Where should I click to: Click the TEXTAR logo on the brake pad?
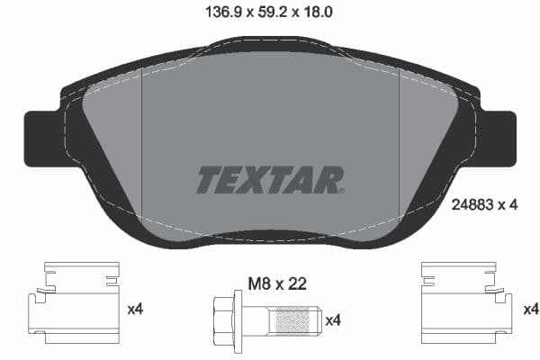coord(269,179)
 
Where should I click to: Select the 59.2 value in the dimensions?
coord(270,13)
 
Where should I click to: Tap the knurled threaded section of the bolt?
coord(296,319)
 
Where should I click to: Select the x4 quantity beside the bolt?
coord(333,320)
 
